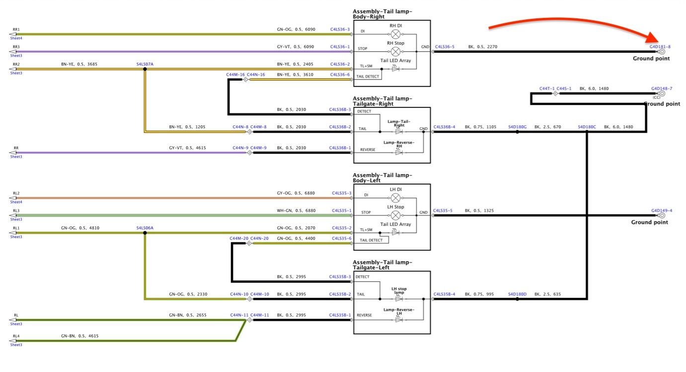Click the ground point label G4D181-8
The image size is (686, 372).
point(660,47)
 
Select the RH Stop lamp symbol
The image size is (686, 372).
point(396,51)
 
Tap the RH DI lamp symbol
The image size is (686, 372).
point(396,34)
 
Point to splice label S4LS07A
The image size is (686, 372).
point(145,64)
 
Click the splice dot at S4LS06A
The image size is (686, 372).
point(145,233)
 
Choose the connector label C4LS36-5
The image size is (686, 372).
point(445,47)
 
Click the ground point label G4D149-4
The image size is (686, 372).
point(662,210)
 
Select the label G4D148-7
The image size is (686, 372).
point(662,89)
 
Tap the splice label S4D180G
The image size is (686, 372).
point(517,127)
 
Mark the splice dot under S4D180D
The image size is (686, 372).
point(517,299)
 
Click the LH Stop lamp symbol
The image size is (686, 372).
point(396,215)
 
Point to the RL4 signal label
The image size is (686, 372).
point(16,336)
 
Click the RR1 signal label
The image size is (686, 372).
point(16,29)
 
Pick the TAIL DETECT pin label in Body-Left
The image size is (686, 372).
point(371,240)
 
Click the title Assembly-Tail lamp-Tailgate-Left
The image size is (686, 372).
point(382,265)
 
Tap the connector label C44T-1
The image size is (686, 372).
point(547,89)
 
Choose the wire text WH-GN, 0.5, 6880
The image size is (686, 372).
point(296,210)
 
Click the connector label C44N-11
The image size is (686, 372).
point(239,315)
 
